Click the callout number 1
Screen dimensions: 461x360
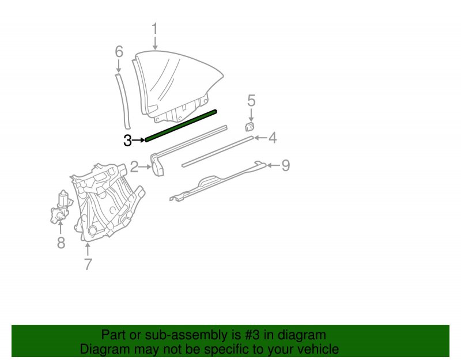155,29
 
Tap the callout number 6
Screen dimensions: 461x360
119,52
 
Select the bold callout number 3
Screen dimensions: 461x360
127,141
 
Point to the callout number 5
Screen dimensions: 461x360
251,100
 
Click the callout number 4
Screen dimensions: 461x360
273,138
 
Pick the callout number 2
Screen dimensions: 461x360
134,167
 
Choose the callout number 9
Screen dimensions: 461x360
285,165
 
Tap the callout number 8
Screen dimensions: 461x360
61,242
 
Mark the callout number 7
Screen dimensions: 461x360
88,264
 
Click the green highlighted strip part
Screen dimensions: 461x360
181,126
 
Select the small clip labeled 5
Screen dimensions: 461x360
250,127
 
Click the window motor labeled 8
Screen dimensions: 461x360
61,207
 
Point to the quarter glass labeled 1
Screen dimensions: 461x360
176,85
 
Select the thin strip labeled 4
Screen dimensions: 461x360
218,151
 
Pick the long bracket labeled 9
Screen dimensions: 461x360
218,181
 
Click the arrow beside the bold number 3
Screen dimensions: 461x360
138,140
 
